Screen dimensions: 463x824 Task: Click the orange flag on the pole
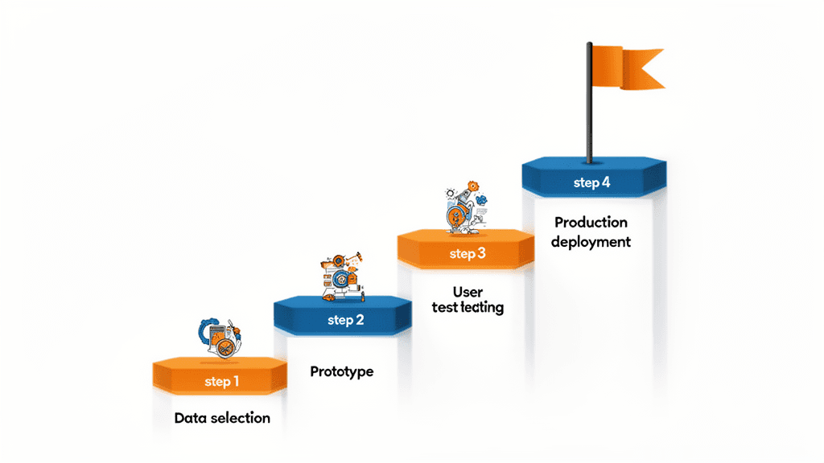(628, 66)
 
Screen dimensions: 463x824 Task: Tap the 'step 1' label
(221, 381)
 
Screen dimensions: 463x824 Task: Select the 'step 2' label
(346, 320)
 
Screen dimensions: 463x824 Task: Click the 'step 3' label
(468, 254)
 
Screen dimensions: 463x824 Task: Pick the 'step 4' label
(591, 182)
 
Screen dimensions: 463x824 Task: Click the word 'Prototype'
(342, 372)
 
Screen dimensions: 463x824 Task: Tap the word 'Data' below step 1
(191, 418)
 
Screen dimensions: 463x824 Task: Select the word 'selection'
(240, 418)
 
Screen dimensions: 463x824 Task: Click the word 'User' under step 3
(467, 292)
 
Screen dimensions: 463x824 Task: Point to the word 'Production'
(591, 223)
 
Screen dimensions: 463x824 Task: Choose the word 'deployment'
(591, 241)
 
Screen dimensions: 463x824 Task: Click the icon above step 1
(220, 339)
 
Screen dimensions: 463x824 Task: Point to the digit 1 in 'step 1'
(236, 381)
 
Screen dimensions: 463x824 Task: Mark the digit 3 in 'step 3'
(481, 254)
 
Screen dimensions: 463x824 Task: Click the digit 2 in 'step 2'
(360, 320)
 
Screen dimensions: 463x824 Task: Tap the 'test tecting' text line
(467, 308)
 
